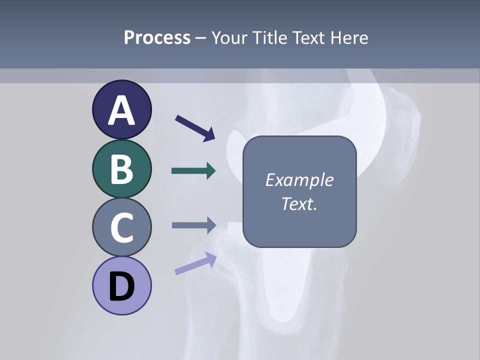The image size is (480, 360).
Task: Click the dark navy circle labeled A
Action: pyautogui.click(x=121, y=109)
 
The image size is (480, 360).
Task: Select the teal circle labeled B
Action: pyautogui.click(x=121, y=168)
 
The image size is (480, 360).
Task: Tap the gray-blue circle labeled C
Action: pyautogui.click(x=121, y=227)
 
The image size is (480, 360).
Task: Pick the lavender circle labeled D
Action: pyautogui.click(x=121, y=285)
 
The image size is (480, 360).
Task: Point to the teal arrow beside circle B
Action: pyautogui.click(x=193, y=171)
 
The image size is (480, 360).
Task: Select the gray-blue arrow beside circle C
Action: pyautogui.click(x=193, y=225)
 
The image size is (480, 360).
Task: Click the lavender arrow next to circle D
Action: pyautogui.click(x=195, y=263)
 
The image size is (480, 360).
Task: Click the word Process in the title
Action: pyautogui.click(x=157, y=37)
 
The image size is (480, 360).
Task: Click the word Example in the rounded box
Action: pyautogui.click(x=299, y=180)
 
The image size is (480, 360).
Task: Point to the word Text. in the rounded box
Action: pyautogui.click(x=299, y=204)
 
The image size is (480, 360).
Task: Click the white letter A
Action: pyautogui.click(x=121, y=110)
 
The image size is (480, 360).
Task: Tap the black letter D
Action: pyautogui.click(x=121, y=286)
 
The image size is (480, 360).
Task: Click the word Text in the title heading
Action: pyautogui.click(x=308, y=37)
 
